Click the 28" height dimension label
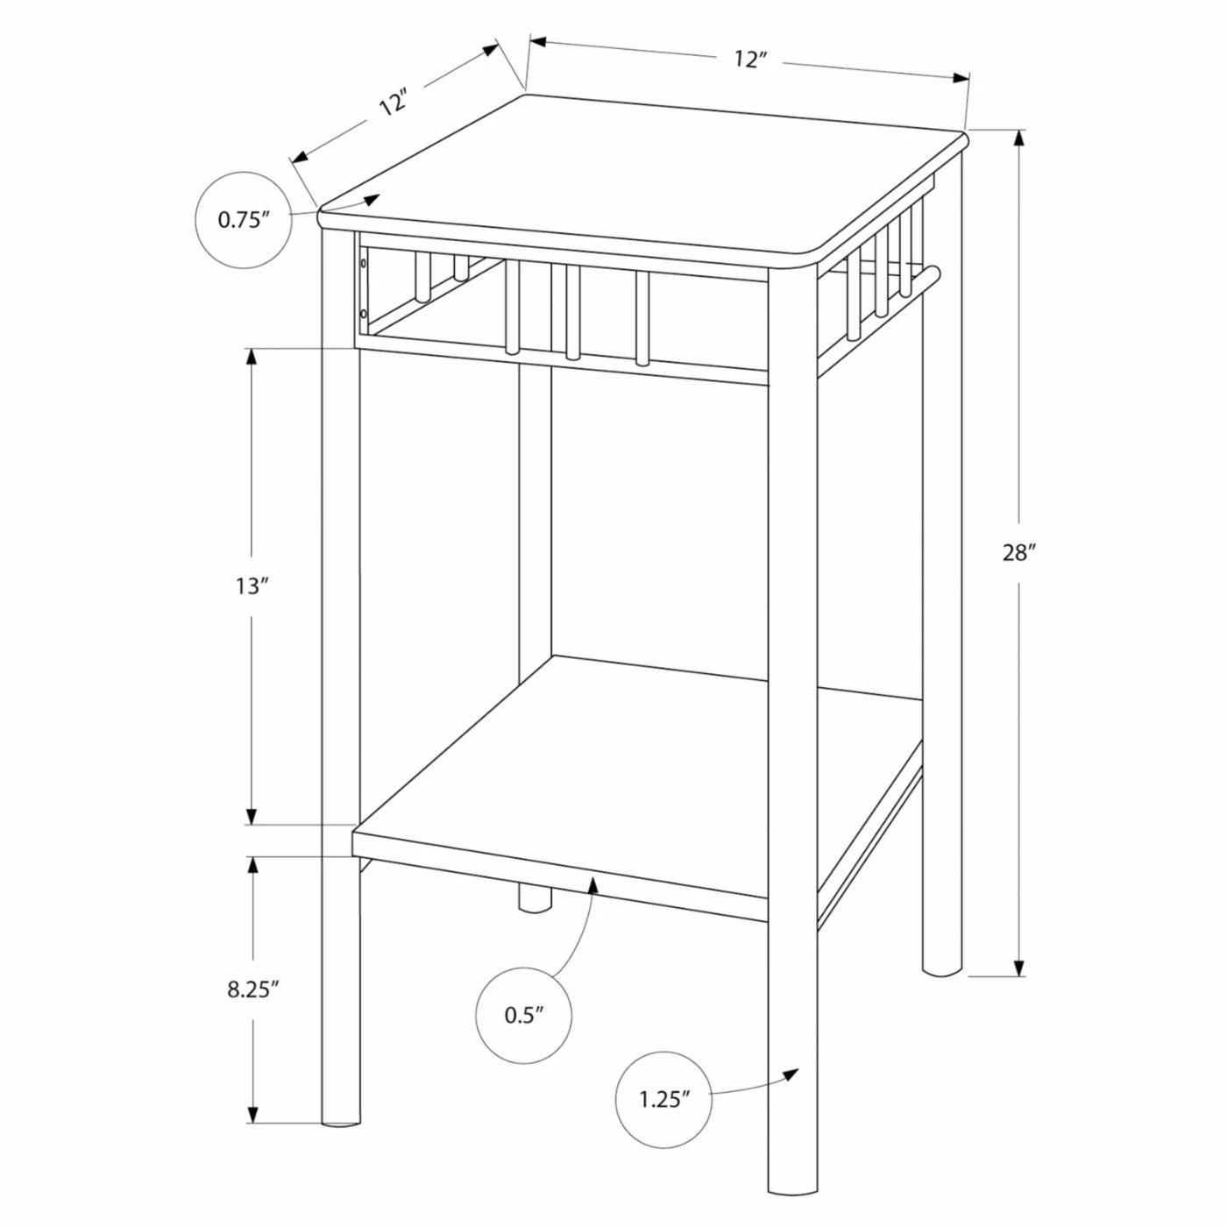pyautogui.click(x=1016, y=553)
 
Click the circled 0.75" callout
pyautogui.click(x=244, y=220)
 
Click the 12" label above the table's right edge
pyautogui.click(x=749, y=60)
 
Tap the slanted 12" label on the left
pyautogui.click(x=394, y=102)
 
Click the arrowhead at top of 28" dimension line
pyautogui.click(x=1019, y=138)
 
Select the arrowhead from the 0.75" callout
pyautogui.click(x=372, y=200)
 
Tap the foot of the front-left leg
pyautogui.click(x=341, y=1140)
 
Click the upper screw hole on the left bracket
pyautogui.click(x=363, y=262)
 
